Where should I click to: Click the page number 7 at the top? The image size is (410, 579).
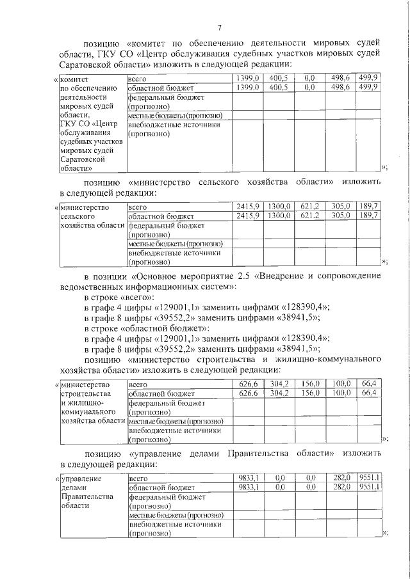218,27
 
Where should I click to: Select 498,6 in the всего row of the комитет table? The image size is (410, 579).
340,77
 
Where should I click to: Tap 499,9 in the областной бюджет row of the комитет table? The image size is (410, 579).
368,86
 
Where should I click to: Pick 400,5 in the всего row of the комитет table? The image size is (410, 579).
278,77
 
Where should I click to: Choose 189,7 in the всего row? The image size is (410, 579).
368,207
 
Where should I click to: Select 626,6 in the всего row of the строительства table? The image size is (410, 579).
247,384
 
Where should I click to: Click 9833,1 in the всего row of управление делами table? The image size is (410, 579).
247,477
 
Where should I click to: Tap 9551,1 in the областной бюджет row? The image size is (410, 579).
369,486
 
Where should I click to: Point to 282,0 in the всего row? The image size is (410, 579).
340,477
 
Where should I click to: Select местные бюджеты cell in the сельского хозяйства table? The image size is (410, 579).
175,244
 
